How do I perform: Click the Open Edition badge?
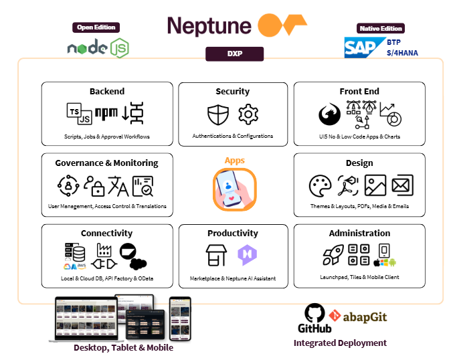click(95, 27)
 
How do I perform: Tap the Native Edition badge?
click(381, 28)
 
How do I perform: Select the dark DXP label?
click(234, 54)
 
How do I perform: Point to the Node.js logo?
click(98, 48)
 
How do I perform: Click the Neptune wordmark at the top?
click(209, 25)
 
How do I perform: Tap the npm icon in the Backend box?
click(106, 114)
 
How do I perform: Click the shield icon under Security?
click(218, 114)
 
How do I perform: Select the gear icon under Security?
click(248, 114)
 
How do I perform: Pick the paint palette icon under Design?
click(321, 185)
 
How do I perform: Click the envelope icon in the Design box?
click(402, 185)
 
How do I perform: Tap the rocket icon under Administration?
click(333, 255)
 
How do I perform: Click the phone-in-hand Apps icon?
click(234, 187)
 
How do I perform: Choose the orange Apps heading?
click(234, 161)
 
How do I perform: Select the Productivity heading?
click(233, 233)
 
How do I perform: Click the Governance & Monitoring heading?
click(106, 163)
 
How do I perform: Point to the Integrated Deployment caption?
click(340, 343)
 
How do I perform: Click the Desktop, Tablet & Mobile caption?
click(123, 347)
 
